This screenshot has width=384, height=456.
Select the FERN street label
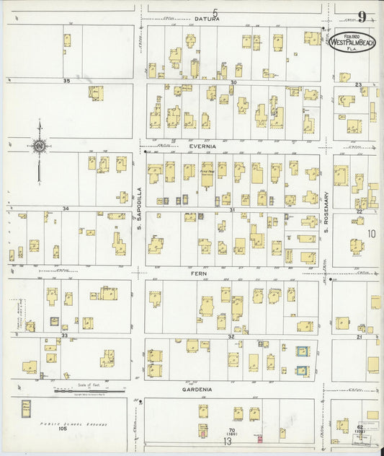click(x=200, y=273)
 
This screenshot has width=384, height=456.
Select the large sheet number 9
click(x=361, y=17)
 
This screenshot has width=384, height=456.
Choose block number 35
click(x=66, y=81)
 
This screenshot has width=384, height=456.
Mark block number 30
click(x=233, y=82)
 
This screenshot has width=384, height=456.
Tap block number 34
click(x=66, y=209)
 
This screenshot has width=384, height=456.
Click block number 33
click(x=64, y=336)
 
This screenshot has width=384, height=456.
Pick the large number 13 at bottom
click(x=227, y=442)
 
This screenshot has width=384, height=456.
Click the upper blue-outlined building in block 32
click(x=303, y=351)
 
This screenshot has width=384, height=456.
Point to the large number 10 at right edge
click(x=371, y=234)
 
